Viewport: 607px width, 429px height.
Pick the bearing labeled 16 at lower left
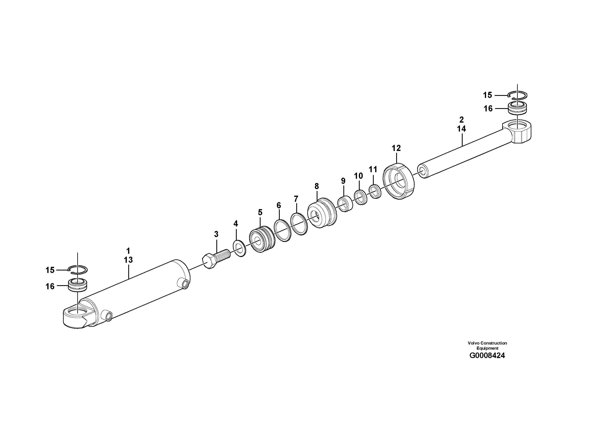click(78, 285)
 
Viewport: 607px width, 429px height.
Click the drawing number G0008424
click(487, 356)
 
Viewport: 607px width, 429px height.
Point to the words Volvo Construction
click(487, 343)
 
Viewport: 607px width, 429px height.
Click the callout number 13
click(128, 260)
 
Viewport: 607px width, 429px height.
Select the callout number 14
click(461, 129)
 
